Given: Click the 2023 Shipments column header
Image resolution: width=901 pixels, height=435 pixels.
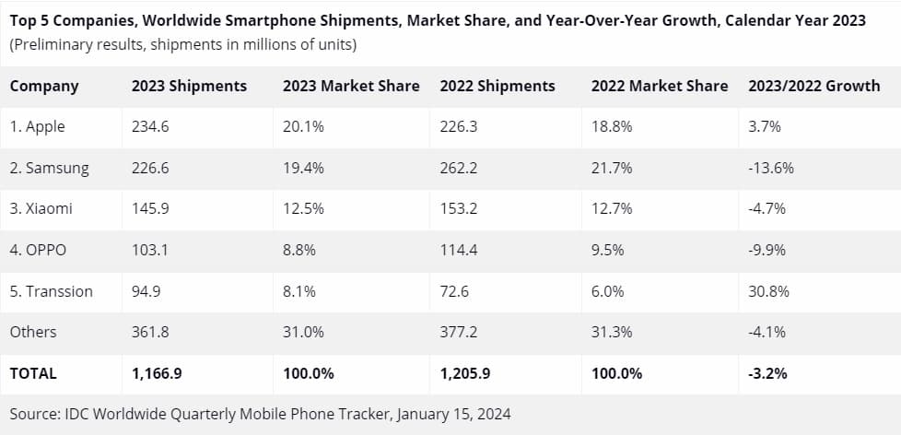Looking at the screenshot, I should coord(189,86).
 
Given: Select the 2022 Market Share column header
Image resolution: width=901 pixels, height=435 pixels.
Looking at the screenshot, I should coord(659,86).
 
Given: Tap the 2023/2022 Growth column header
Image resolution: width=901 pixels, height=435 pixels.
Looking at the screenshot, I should coord(814,86).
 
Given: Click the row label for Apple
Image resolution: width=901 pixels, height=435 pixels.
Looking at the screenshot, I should coord(38,127).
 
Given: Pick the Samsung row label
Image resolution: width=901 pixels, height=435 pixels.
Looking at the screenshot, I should coord(50,168).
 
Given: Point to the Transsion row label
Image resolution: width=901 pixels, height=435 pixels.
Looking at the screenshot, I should coord(52,291).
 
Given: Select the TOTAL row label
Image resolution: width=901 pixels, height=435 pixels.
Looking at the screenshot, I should coord(33,373).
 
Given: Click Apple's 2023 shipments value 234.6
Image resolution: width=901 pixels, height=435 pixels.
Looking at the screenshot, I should coord(151,127).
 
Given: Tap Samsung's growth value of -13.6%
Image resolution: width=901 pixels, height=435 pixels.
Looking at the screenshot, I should coord(772,168).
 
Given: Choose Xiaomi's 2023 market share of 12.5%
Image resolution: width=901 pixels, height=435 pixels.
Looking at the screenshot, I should coord(303,208).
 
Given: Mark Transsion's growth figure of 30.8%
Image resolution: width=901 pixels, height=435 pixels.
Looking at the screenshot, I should coord(769,291).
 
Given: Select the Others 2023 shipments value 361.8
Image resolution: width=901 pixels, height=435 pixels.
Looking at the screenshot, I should coord(151,332).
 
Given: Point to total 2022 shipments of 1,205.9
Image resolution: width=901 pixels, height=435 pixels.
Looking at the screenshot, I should coord(467,373).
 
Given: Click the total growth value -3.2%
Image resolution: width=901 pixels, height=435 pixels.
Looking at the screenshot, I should coord(768,373).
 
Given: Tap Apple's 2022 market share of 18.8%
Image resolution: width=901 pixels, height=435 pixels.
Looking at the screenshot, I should coord(612,127).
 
